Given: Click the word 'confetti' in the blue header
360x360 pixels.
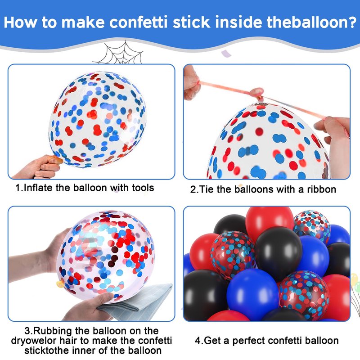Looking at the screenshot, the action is pyautogui.click(x=138, y=22).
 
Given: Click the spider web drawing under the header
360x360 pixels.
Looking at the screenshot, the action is pyautogui.click(x=118, y=52).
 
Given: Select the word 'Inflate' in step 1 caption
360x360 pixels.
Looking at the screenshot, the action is pyautogui.click(x=38, y=188).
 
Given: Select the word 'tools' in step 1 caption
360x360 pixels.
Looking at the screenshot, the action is pyautogui.click(x=143, y=188).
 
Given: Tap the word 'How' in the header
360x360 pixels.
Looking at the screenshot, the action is pyautogui.click(x=21, y=22).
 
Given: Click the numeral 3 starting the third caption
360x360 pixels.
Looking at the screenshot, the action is pyautogui.click(x=27, y=331).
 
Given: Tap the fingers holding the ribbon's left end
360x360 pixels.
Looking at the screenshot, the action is pyautogui.click(x=192, y=83).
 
